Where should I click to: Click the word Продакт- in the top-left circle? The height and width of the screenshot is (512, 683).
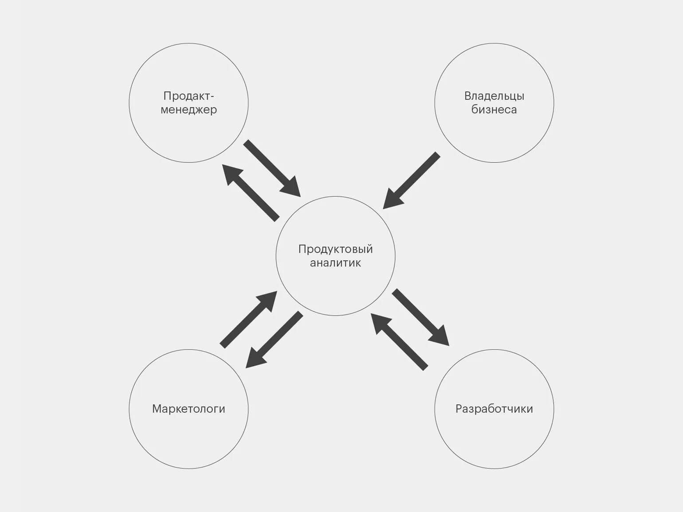(188, 96)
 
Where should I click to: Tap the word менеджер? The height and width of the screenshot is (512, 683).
(188, 109)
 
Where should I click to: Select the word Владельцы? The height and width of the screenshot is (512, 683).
(494, 96)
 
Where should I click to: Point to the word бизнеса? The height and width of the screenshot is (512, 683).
(494, 109)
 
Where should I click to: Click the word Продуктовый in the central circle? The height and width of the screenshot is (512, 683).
(335, 249)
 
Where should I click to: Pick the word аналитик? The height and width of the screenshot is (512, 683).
(335, 263)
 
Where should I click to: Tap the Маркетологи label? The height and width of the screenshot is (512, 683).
(188, 409)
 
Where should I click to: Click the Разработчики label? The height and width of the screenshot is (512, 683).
(494, 409)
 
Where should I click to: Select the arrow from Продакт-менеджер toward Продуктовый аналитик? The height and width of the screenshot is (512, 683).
(272, 168)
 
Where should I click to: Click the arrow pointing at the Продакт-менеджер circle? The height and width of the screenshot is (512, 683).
(251, 192)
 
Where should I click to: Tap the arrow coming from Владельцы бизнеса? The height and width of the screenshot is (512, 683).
(411, 180)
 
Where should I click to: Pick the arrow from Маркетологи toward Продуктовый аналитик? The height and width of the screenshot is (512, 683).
(248, 319)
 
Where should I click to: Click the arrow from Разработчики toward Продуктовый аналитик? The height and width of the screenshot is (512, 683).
(399, 341)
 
